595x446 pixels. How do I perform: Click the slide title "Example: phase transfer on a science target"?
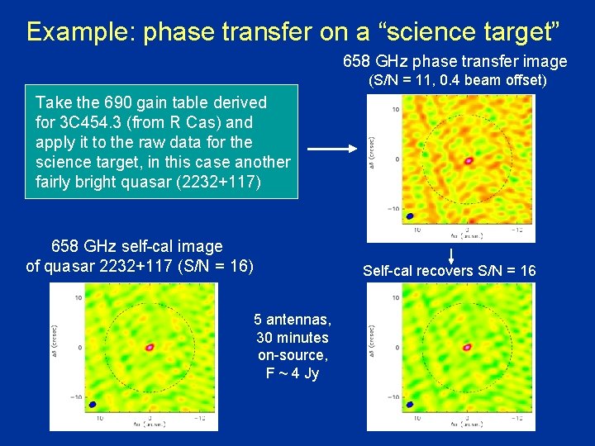[293, 31]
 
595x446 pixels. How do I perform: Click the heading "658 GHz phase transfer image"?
[455, 62]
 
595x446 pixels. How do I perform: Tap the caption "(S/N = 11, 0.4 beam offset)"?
[457, 80]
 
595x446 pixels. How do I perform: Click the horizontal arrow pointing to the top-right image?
[330, 149]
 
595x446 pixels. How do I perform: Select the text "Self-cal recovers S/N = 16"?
[449, 271]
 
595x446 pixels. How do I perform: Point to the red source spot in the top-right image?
[469, 160]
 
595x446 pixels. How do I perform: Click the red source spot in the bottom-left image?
[150, 348]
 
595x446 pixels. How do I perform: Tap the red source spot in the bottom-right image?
[467, 348]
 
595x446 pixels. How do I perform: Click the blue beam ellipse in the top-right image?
[386, 215]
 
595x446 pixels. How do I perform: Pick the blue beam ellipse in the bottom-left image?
[93, 405]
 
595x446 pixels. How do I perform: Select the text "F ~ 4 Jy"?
[292, 373]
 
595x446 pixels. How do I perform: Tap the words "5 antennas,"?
[292, 320]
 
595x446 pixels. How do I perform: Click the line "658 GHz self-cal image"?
[137, 246]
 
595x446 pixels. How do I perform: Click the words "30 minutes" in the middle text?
[292, 338]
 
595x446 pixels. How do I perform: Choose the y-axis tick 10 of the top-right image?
[396, 109]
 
